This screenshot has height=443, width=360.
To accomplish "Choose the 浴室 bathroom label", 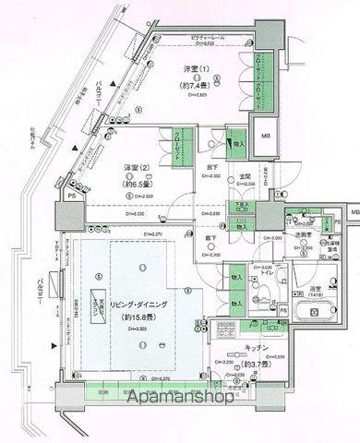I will point(314,289).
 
